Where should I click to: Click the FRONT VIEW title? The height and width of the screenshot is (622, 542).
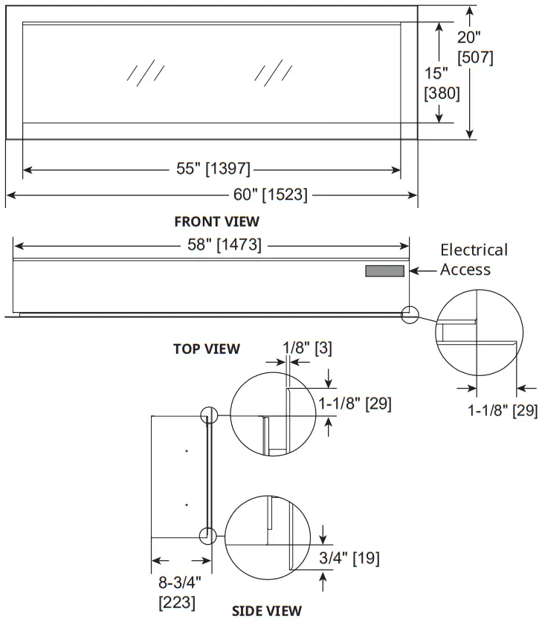(216, 221)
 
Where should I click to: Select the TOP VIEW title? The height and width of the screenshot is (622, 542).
(207, 349)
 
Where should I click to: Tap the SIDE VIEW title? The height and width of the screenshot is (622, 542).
(267, 611)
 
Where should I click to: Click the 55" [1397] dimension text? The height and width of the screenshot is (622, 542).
(213, 169)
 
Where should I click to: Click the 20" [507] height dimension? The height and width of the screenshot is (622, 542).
(475, 47)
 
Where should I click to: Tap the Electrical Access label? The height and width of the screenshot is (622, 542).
(474, 259)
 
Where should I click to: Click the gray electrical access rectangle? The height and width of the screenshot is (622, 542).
(384, 272)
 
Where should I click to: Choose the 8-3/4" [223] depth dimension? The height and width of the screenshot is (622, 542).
(178, 591)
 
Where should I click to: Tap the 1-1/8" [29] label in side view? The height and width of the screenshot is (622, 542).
(355, 404)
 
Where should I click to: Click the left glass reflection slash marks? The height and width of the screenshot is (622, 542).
(145, 72)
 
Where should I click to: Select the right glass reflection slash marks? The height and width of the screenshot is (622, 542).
(273, 72)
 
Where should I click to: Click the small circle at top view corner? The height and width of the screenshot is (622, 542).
(410, 314)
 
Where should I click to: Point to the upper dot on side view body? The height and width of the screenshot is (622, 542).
(187, 451)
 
